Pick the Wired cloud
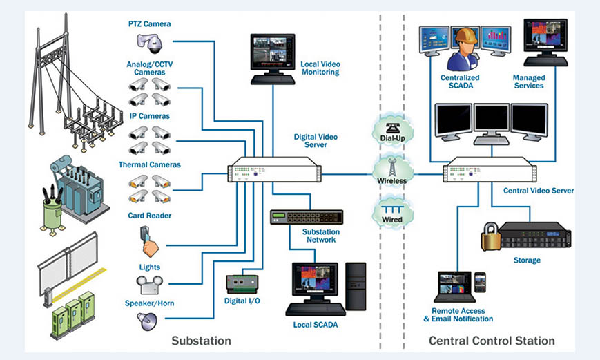pos(391,212)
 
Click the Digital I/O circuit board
pos(242,283)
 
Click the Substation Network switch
pos(306,218)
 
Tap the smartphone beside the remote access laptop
pos(480,281)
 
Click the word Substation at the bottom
pos(201,341)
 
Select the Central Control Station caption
pos(492,341)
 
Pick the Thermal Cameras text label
pos(150,164)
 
